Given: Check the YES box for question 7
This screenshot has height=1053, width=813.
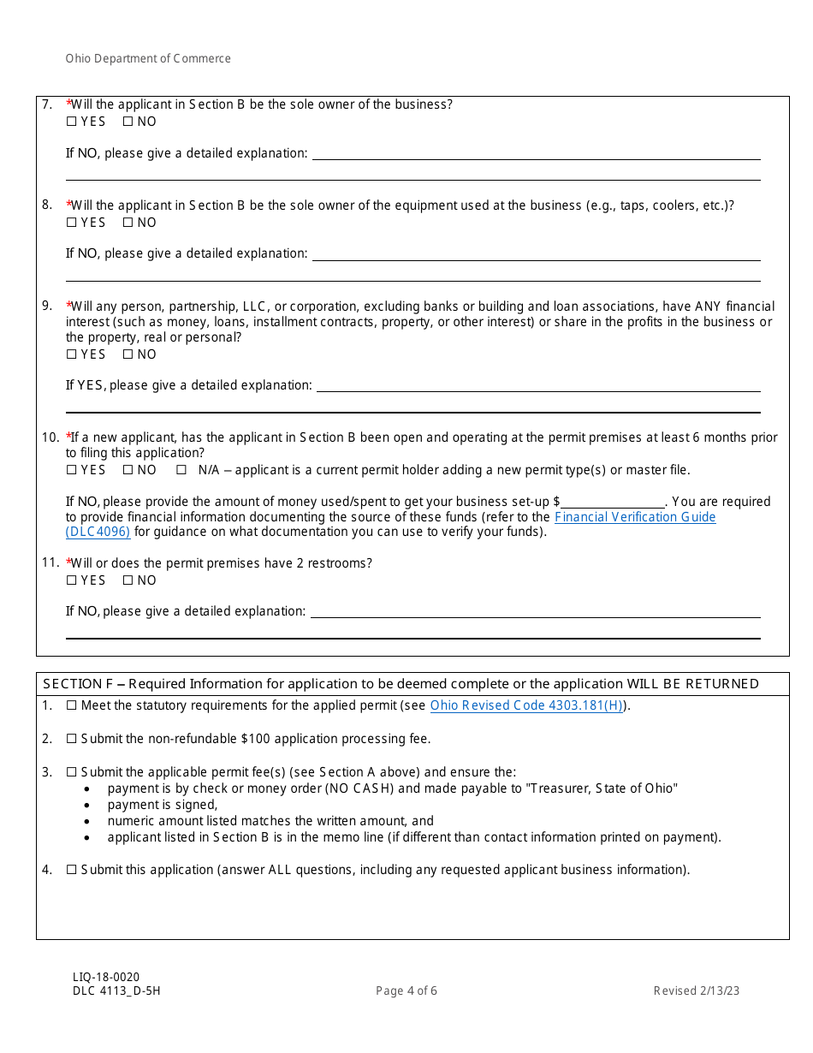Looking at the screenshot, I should coord(71,122).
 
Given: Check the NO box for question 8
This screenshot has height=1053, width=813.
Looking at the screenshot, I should coord(128,223).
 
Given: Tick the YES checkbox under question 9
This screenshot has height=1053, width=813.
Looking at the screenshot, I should coord(71,354).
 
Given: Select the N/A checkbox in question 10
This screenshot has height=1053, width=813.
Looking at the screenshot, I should coord(181,470).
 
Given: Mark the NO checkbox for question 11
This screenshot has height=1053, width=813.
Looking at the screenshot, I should coord(128,580).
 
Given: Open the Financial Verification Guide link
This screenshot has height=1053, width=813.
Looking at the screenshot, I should coord(634,517).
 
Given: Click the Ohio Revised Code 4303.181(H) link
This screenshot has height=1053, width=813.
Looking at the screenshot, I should coord(526,705).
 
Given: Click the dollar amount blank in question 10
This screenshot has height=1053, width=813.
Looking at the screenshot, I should coord(613,503).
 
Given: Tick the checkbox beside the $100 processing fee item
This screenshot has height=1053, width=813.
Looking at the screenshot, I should coord(72,739).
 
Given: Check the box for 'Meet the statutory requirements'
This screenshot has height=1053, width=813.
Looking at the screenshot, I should coord(72,705).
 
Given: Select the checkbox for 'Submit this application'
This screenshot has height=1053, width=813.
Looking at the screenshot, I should coord(72,870).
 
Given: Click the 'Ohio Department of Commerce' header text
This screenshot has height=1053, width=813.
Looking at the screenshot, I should coord(148,59).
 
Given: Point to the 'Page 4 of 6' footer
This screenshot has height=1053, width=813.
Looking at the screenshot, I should coord(406,991).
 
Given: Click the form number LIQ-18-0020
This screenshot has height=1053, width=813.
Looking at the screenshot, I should coord(106,977).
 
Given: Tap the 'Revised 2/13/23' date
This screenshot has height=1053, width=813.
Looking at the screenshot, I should coord(696,991).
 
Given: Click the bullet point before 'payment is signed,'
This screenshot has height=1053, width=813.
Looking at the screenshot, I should coord(88,806).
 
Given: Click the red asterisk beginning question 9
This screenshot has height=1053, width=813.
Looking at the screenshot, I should coord(68,305).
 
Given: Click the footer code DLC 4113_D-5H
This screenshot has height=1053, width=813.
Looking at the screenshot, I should coord(116,991).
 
